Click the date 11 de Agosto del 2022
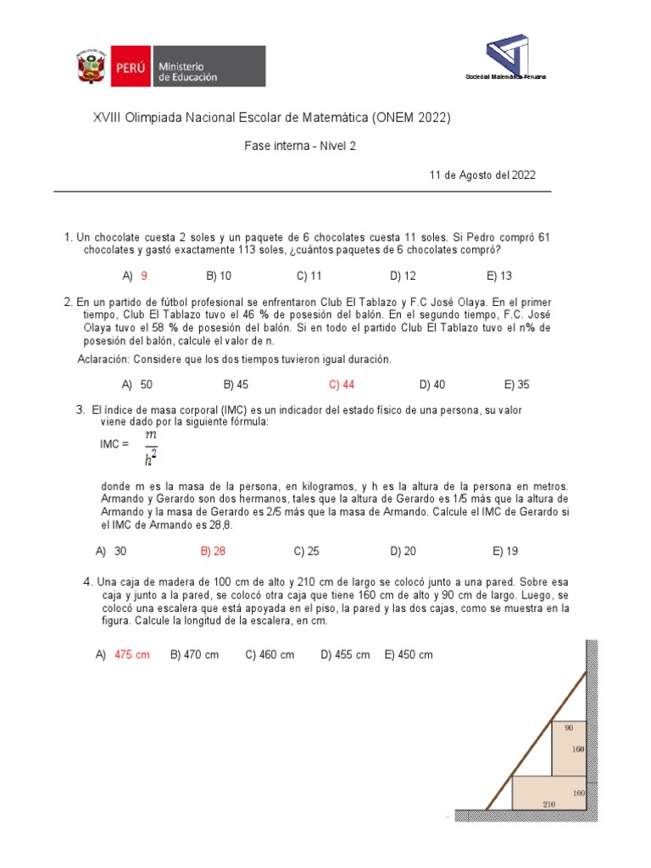click(482, 175)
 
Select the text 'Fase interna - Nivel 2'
click(300, 146)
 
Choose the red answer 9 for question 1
click(144, 275)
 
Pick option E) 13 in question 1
click(499, 275)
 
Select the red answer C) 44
click(342, 384)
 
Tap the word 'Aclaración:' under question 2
click(103, 359)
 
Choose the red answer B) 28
click(213, 551)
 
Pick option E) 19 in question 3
click(505, 551)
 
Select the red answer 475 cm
click(131, 655)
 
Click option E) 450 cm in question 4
click(409, 655)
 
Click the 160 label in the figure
click(579, 749)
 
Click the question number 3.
click(80, 410)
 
